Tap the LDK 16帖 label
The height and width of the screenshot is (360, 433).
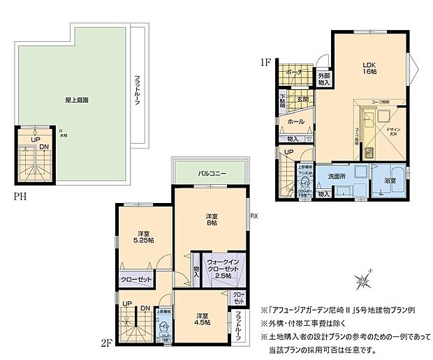pyautogui.click(x=369, y=68)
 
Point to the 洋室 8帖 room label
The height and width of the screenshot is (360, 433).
pyautogui.click(x=211, y=219)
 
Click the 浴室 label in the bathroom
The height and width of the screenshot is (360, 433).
pyautogui.click(x=390, y=181)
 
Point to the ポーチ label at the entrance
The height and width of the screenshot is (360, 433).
pyautogui.click(x=293, y=72)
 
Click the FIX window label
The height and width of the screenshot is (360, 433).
pyautogui.click(x=254, y=216)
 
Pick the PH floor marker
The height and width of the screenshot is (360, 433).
pyautogui.click(x=20, y=197)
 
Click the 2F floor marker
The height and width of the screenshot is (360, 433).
pyautogui.click(x=106, y=343)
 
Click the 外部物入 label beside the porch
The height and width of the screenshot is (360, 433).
pyautogui.click(x=324, y=79)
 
